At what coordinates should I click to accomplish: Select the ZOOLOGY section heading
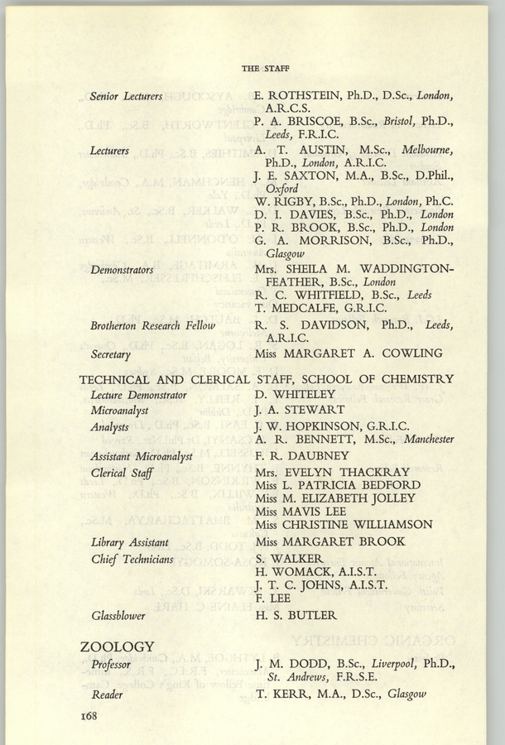coord(117,646)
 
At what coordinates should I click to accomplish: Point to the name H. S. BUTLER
coord(296,615)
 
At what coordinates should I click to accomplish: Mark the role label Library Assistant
coord(130,542)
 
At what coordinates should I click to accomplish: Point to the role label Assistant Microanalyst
coord(141,456)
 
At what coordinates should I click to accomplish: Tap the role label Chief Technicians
coord(132,559)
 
